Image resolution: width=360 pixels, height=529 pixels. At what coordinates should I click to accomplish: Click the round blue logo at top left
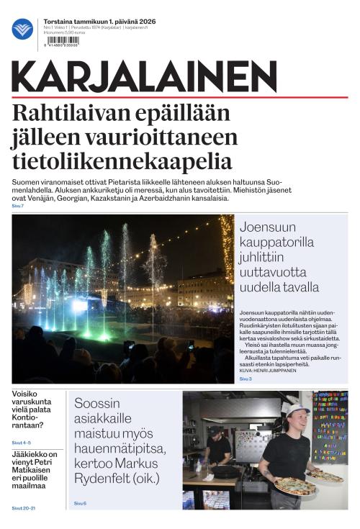click(x=22, y=30)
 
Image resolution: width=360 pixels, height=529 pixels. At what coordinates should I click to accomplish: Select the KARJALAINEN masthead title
click(x=144, y=76)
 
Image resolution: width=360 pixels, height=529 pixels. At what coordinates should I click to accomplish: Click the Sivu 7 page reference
click(x=18, y=207)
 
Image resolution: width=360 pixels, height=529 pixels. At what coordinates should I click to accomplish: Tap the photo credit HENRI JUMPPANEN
click(x=279, y=370)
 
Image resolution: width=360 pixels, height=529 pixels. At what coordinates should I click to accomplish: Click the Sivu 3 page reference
click(x=246, y=379)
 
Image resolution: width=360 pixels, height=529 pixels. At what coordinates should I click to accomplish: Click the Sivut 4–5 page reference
click(x=22, y=442)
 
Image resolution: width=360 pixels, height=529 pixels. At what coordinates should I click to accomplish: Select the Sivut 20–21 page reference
click(x=24, y=508)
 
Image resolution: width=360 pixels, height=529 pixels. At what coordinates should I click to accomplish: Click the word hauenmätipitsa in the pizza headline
click(x=120, y=449)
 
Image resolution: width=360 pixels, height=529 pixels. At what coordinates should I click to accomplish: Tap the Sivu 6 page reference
click(x=80, y=503)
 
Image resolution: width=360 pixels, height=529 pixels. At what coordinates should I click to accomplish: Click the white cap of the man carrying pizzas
click(x=296, y=410)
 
